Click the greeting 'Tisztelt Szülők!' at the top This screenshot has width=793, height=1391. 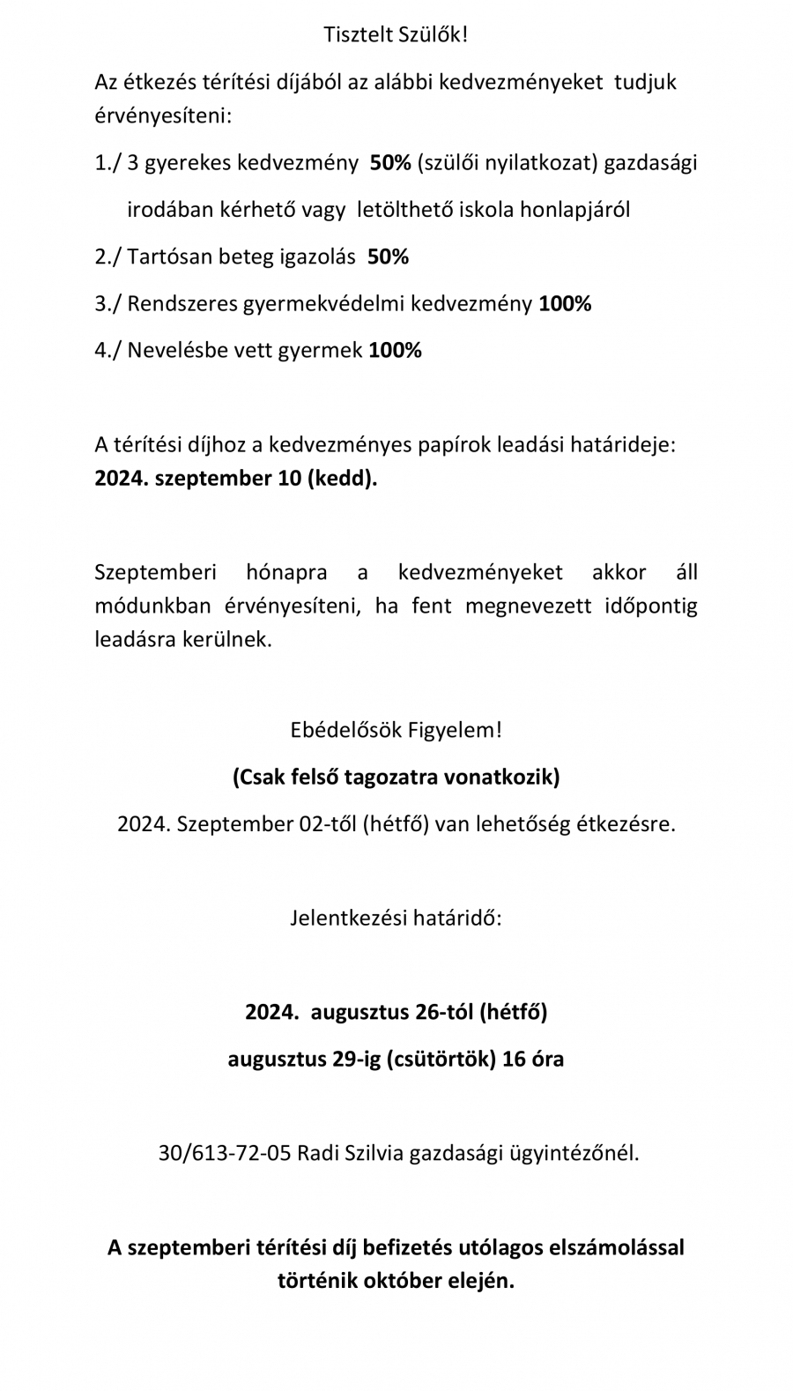click(x=396, y=35)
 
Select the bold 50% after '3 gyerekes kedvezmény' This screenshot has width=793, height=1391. click(x=390, y=163)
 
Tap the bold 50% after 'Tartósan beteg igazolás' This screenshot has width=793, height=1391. click(x=388, y=257)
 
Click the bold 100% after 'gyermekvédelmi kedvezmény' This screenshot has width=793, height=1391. click(x=565, y=304)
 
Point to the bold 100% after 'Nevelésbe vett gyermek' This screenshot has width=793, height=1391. click(x=395, y=351)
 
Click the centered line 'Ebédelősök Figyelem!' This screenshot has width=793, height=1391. click(x=396, y=731)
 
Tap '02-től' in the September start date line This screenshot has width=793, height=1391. click(x=327, y=824)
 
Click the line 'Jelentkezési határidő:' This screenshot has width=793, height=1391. click(x=396, y=919)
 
